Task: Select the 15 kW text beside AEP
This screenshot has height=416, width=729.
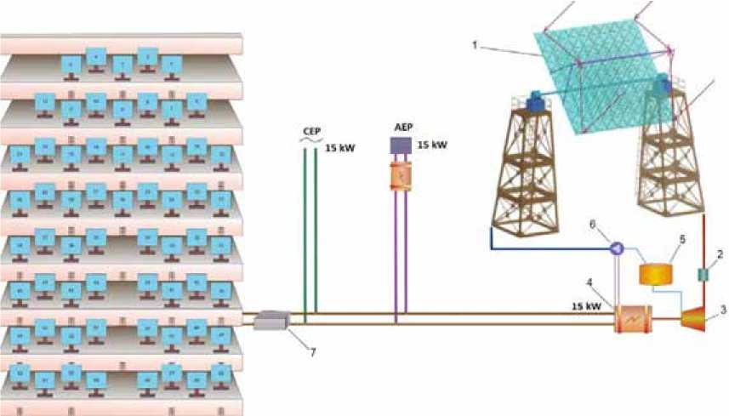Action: (434, 145)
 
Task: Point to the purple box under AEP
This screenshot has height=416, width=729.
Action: (401, 145)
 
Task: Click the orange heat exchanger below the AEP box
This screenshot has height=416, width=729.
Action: (400, 176)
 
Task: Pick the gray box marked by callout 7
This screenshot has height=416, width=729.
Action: (272, 319)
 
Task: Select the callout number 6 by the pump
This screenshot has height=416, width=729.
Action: (593, 223)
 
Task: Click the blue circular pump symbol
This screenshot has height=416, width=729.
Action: (615, 247)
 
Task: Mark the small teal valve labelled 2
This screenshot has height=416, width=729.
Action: (703, 274)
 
